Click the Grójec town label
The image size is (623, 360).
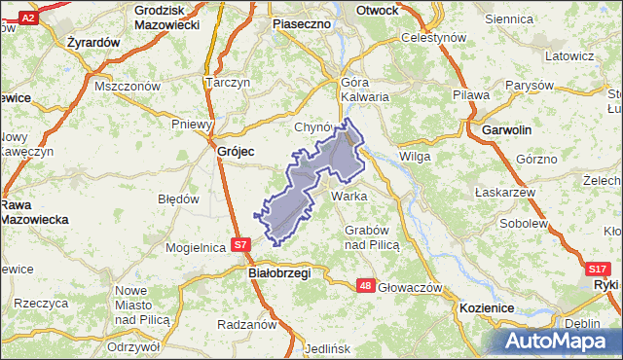point(236,151)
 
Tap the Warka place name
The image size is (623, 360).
point(348,196)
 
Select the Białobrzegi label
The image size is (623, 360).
point(274,273)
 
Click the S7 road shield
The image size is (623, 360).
point(242,245)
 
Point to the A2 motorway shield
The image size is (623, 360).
point(28,18)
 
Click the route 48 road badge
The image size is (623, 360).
point(365,285)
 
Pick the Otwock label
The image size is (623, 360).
point(378,10)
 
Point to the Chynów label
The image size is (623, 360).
point(313,127)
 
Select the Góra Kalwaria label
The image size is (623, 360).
point(365,90)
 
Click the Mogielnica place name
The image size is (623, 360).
point(197,247)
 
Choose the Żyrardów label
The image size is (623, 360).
point(93,43)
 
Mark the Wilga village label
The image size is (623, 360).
point(415,156)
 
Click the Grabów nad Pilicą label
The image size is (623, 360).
point(373,237)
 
